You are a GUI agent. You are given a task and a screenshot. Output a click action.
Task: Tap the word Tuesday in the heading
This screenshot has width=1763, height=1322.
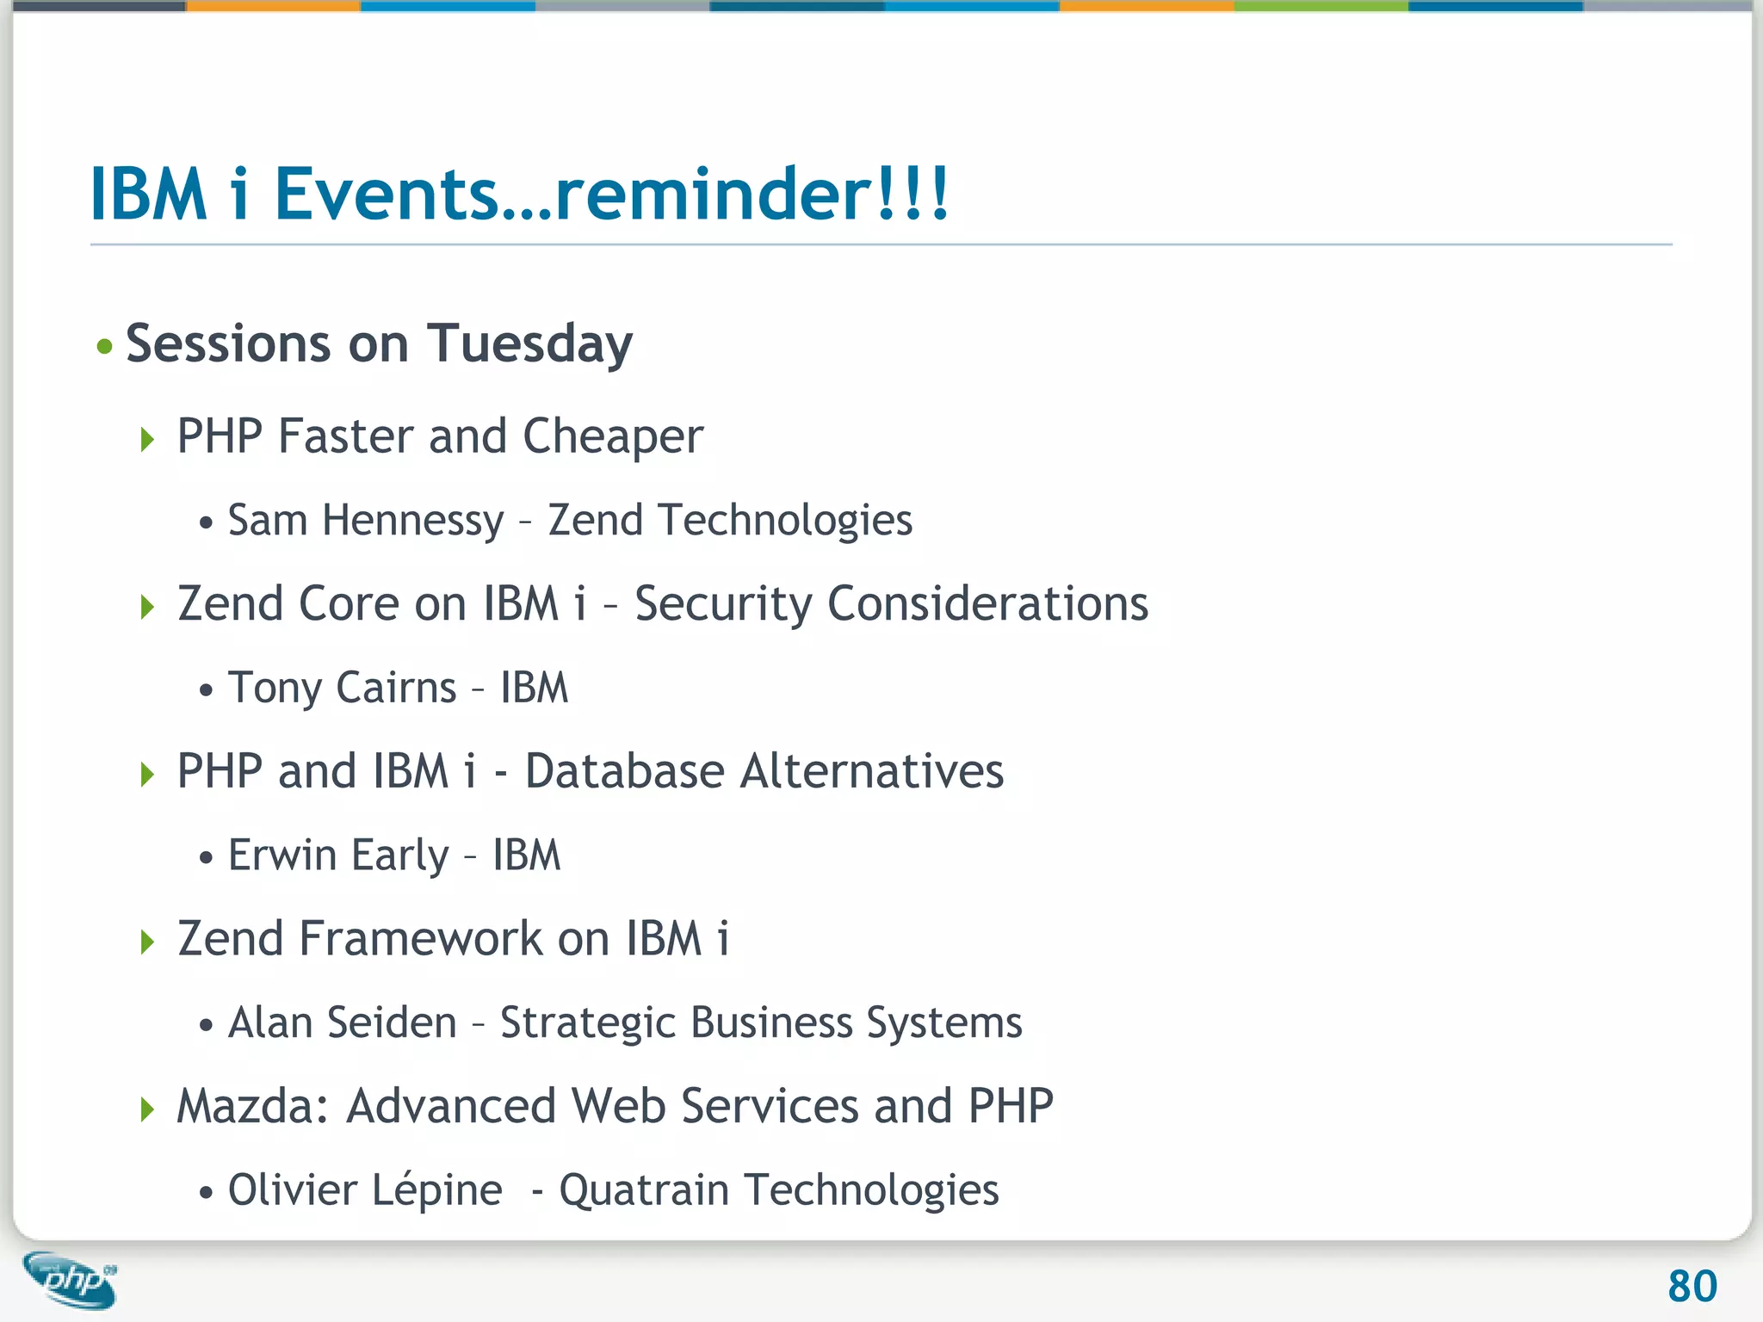[529, 344]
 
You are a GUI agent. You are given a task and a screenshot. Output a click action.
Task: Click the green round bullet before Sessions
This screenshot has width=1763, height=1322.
[105, 347]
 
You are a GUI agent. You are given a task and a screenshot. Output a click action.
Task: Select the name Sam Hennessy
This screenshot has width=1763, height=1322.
[365, 521]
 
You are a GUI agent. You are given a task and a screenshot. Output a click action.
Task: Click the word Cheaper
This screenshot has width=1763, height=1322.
[613, 437]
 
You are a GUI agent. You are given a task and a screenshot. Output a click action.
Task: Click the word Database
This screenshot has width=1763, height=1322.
[624, 771]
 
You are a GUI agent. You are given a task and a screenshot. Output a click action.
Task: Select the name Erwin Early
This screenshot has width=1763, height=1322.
[338, 856]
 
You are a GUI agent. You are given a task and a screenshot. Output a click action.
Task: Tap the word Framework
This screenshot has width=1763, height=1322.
[420, 939]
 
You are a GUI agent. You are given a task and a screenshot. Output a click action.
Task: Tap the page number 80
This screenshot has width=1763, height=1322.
[1692, 1287]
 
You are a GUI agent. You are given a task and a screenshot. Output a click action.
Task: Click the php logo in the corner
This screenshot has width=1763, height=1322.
[71, 1280]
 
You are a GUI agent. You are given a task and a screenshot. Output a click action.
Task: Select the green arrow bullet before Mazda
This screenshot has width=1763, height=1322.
[147, 1109]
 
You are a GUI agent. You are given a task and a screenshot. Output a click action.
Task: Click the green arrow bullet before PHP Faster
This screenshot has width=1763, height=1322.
[147, 440]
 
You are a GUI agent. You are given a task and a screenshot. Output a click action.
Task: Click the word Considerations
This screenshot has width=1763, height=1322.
[987, 604]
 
